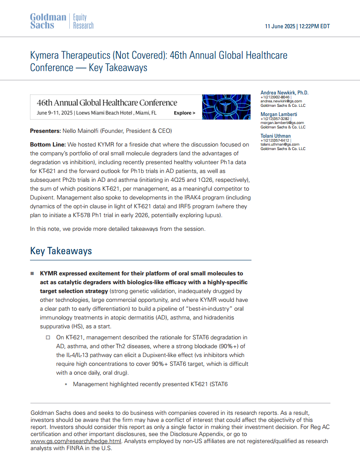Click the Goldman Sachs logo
tap(48, 21)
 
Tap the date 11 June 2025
tap(280, 26)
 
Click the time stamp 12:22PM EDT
tap(315, 26)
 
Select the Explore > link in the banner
tap(184, 113)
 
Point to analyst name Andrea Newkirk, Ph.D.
tap(285, 93)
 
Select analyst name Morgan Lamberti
tap(279, 114)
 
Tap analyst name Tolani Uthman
tap(276, 136)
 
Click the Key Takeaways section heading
tap(61, 251)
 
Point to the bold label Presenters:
tap(45, 131)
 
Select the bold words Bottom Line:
tap(48, 145)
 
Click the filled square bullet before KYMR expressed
tap(32, 274)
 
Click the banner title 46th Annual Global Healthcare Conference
tap(107, 103)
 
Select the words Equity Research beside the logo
tap(83, 21)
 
